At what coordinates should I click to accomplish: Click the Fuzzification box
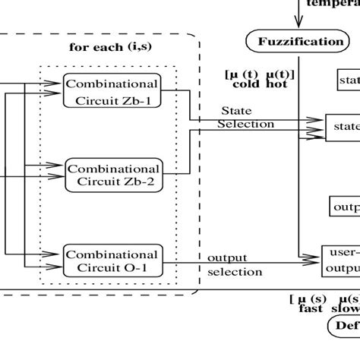tap(296, 41)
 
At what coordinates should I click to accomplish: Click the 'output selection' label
tap(235, 264)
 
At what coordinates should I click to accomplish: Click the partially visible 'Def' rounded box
tap(344, 327)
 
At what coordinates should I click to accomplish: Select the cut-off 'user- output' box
tap(343, 261)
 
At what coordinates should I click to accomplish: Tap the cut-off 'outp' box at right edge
tap(344, 207)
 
